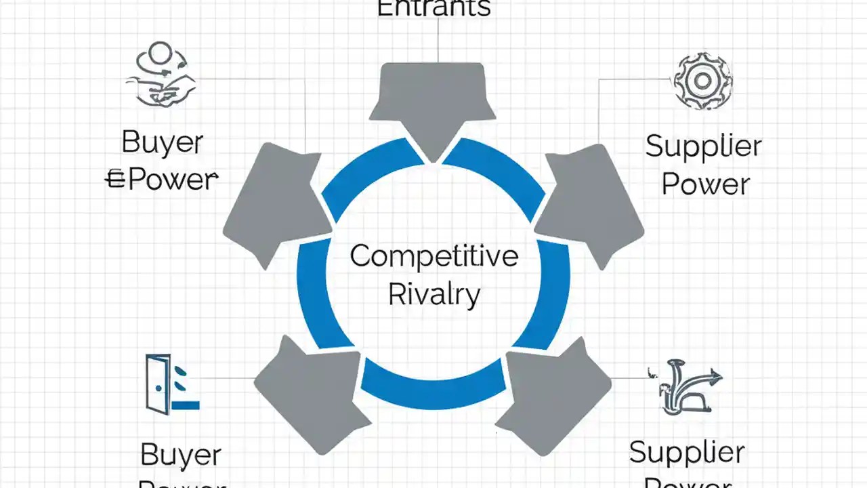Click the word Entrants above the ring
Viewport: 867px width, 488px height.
coord(433,8)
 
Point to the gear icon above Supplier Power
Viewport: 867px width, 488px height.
coord(702,81)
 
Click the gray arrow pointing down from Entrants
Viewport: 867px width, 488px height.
coord(432,105)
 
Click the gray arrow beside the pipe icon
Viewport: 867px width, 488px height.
coord(555,393)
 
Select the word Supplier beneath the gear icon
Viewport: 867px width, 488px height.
coord(703,147)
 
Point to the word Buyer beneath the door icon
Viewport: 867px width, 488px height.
coord(182,454)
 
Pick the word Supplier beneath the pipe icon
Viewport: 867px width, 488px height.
coord(687,453)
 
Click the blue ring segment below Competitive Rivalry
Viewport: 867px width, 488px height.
coord(433,386)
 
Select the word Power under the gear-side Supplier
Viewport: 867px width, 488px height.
coord(705,184)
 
